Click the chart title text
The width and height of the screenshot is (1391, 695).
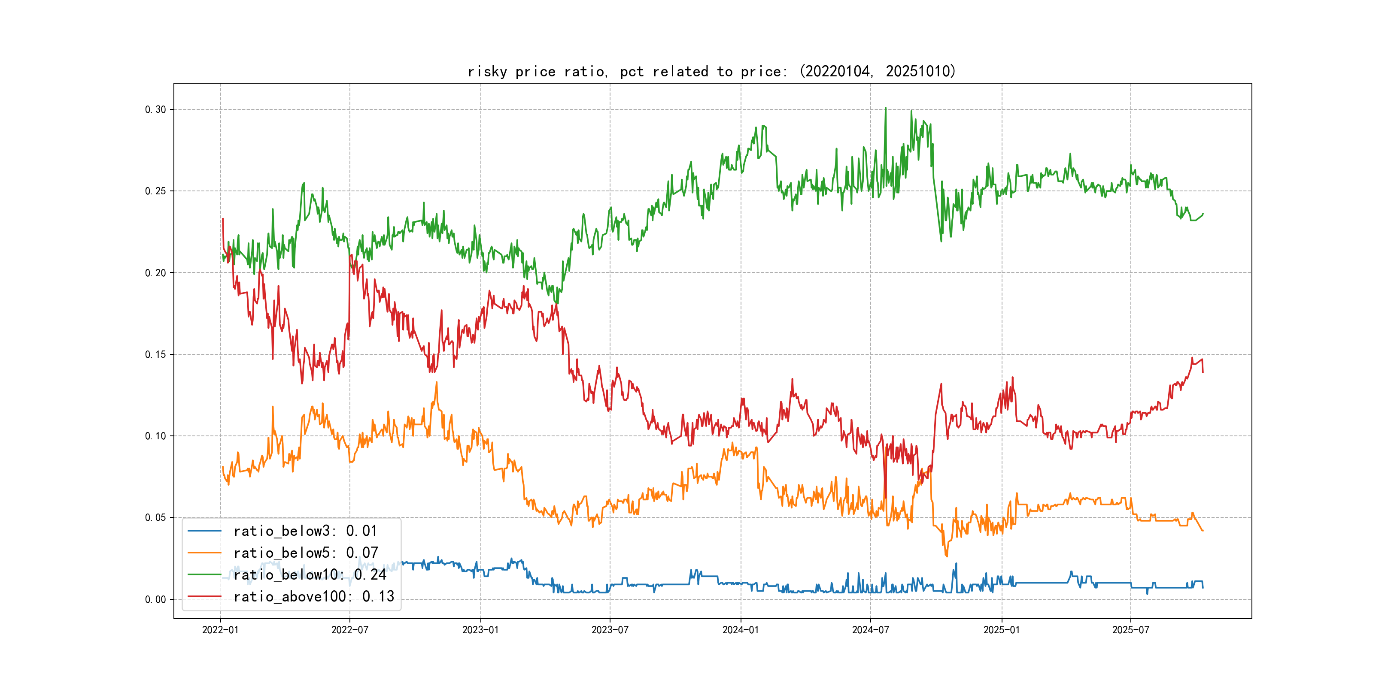pos(711,72)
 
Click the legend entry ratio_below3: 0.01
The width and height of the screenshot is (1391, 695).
pos(305,531)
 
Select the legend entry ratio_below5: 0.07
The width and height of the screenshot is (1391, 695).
pos(306,553)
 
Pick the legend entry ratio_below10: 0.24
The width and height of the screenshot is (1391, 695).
pos(310,575)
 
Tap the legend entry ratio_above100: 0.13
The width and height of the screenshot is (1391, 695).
pos(314,597)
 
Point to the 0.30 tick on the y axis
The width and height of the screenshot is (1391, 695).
pos(155,109)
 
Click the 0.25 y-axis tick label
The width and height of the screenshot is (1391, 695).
pos(155,191)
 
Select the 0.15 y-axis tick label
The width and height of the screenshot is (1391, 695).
pos(155,354)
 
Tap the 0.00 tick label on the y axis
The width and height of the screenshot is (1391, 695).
pos(155,599)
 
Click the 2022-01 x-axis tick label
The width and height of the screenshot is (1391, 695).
pos(220,630)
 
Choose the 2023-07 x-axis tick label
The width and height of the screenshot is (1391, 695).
pos(610,630)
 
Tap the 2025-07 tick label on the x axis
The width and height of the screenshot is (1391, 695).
pos(1131,630)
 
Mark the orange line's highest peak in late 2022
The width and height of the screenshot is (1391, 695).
pos(436,383)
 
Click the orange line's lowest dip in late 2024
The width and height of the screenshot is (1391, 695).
pos(947,556)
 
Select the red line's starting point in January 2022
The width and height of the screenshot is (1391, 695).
pos(223,218)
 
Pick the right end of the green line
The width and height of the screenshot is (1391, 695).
pos(1203,214)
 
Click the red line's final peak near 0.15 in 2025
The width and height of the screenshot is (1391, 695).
pos(1192,358)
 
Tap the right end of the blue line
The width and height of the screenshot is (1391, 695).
pos(1203,587)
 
